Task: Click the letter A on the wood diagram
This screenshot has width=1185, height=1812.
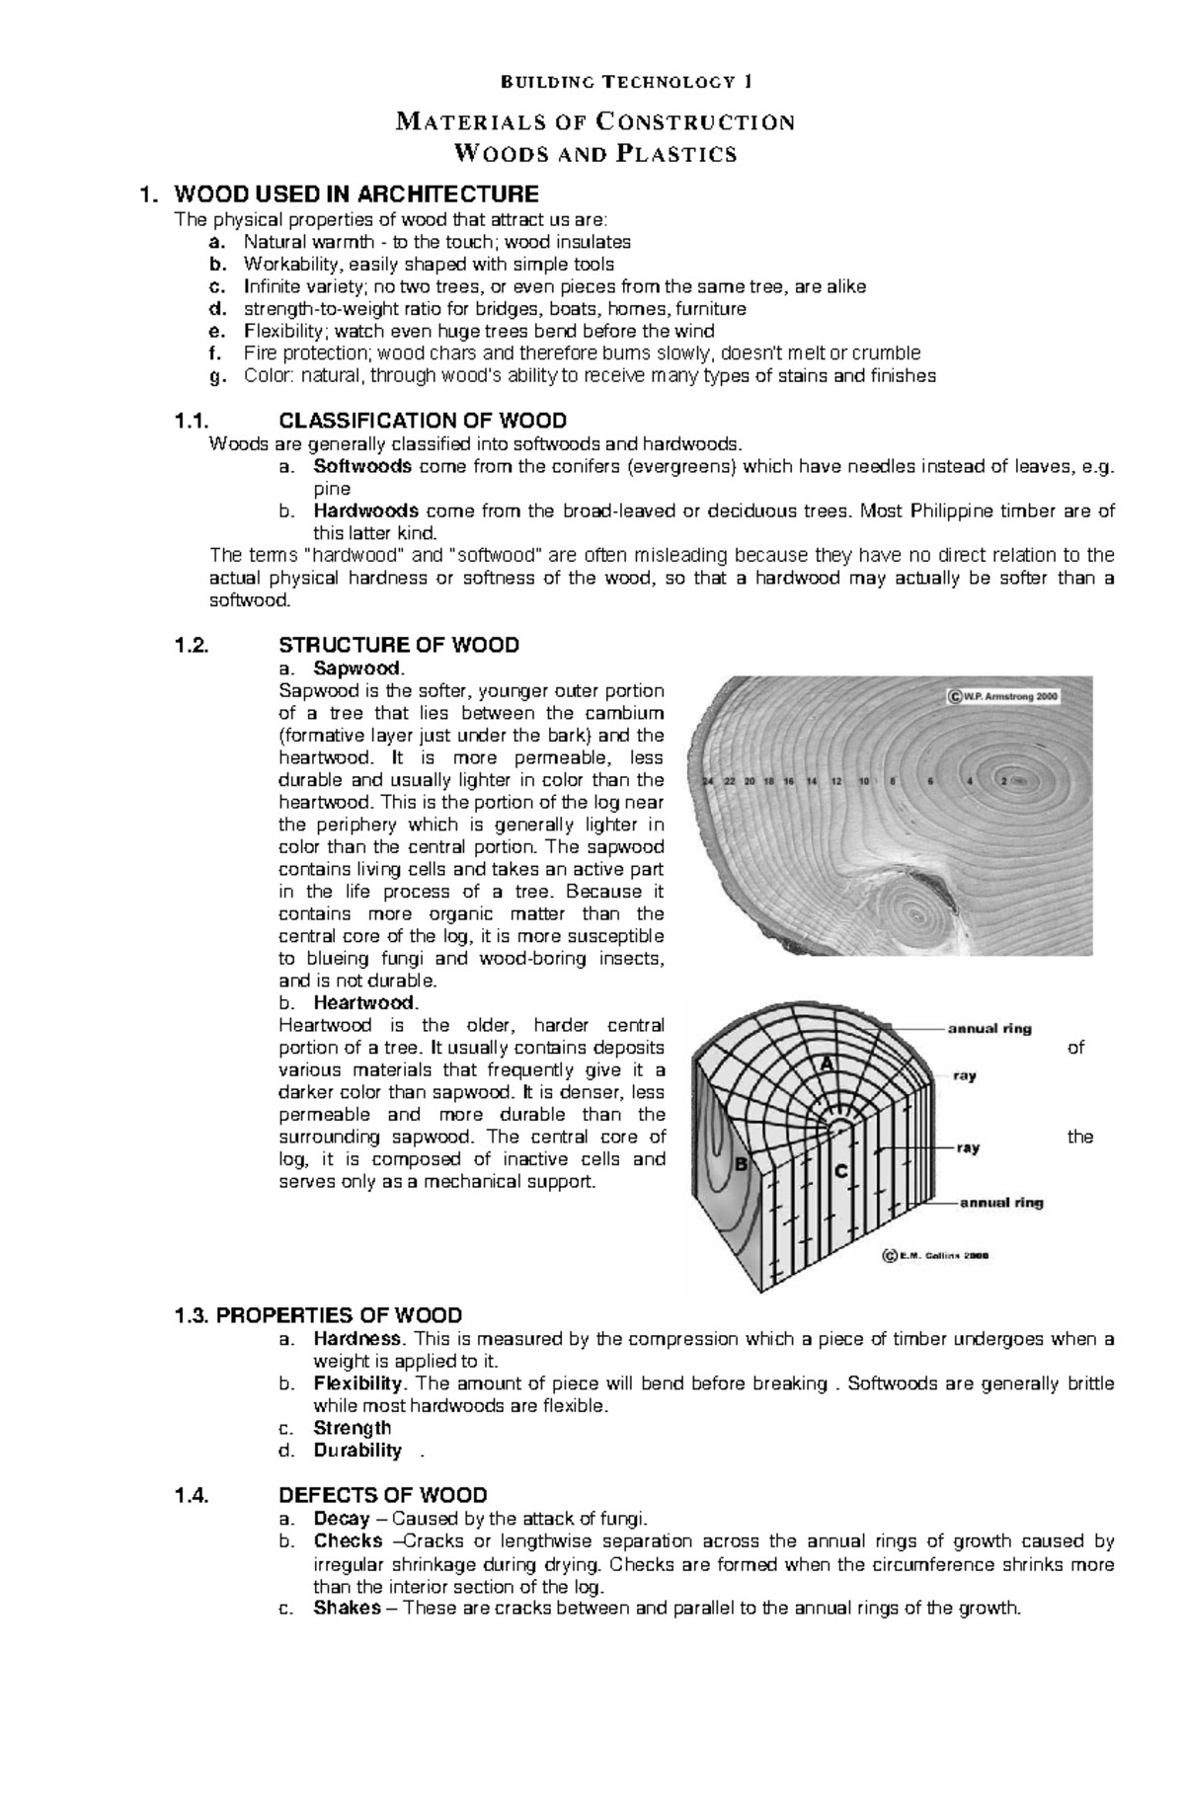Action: pos(827,1064)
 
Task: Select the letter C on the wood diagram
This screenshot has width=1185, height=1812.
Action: pos(841,1171)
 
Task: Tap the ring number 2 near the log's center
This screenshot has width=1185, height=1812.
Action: pos(1005,781)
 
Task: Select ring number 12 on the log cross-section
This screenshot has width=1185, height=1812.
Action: pos(836,781)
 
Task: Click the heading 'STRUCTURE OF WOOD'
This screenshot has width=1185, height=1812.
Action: pos(399,645)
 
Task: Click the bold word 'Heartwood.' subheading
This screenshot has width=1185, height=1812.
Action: pos(358,1003)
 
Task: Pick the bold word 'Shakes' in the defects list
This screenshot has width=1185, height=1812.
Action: pos(347,1608)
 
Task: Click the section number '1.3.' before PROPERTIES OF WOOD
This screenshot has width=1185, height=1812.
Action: pos(192,1315)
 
